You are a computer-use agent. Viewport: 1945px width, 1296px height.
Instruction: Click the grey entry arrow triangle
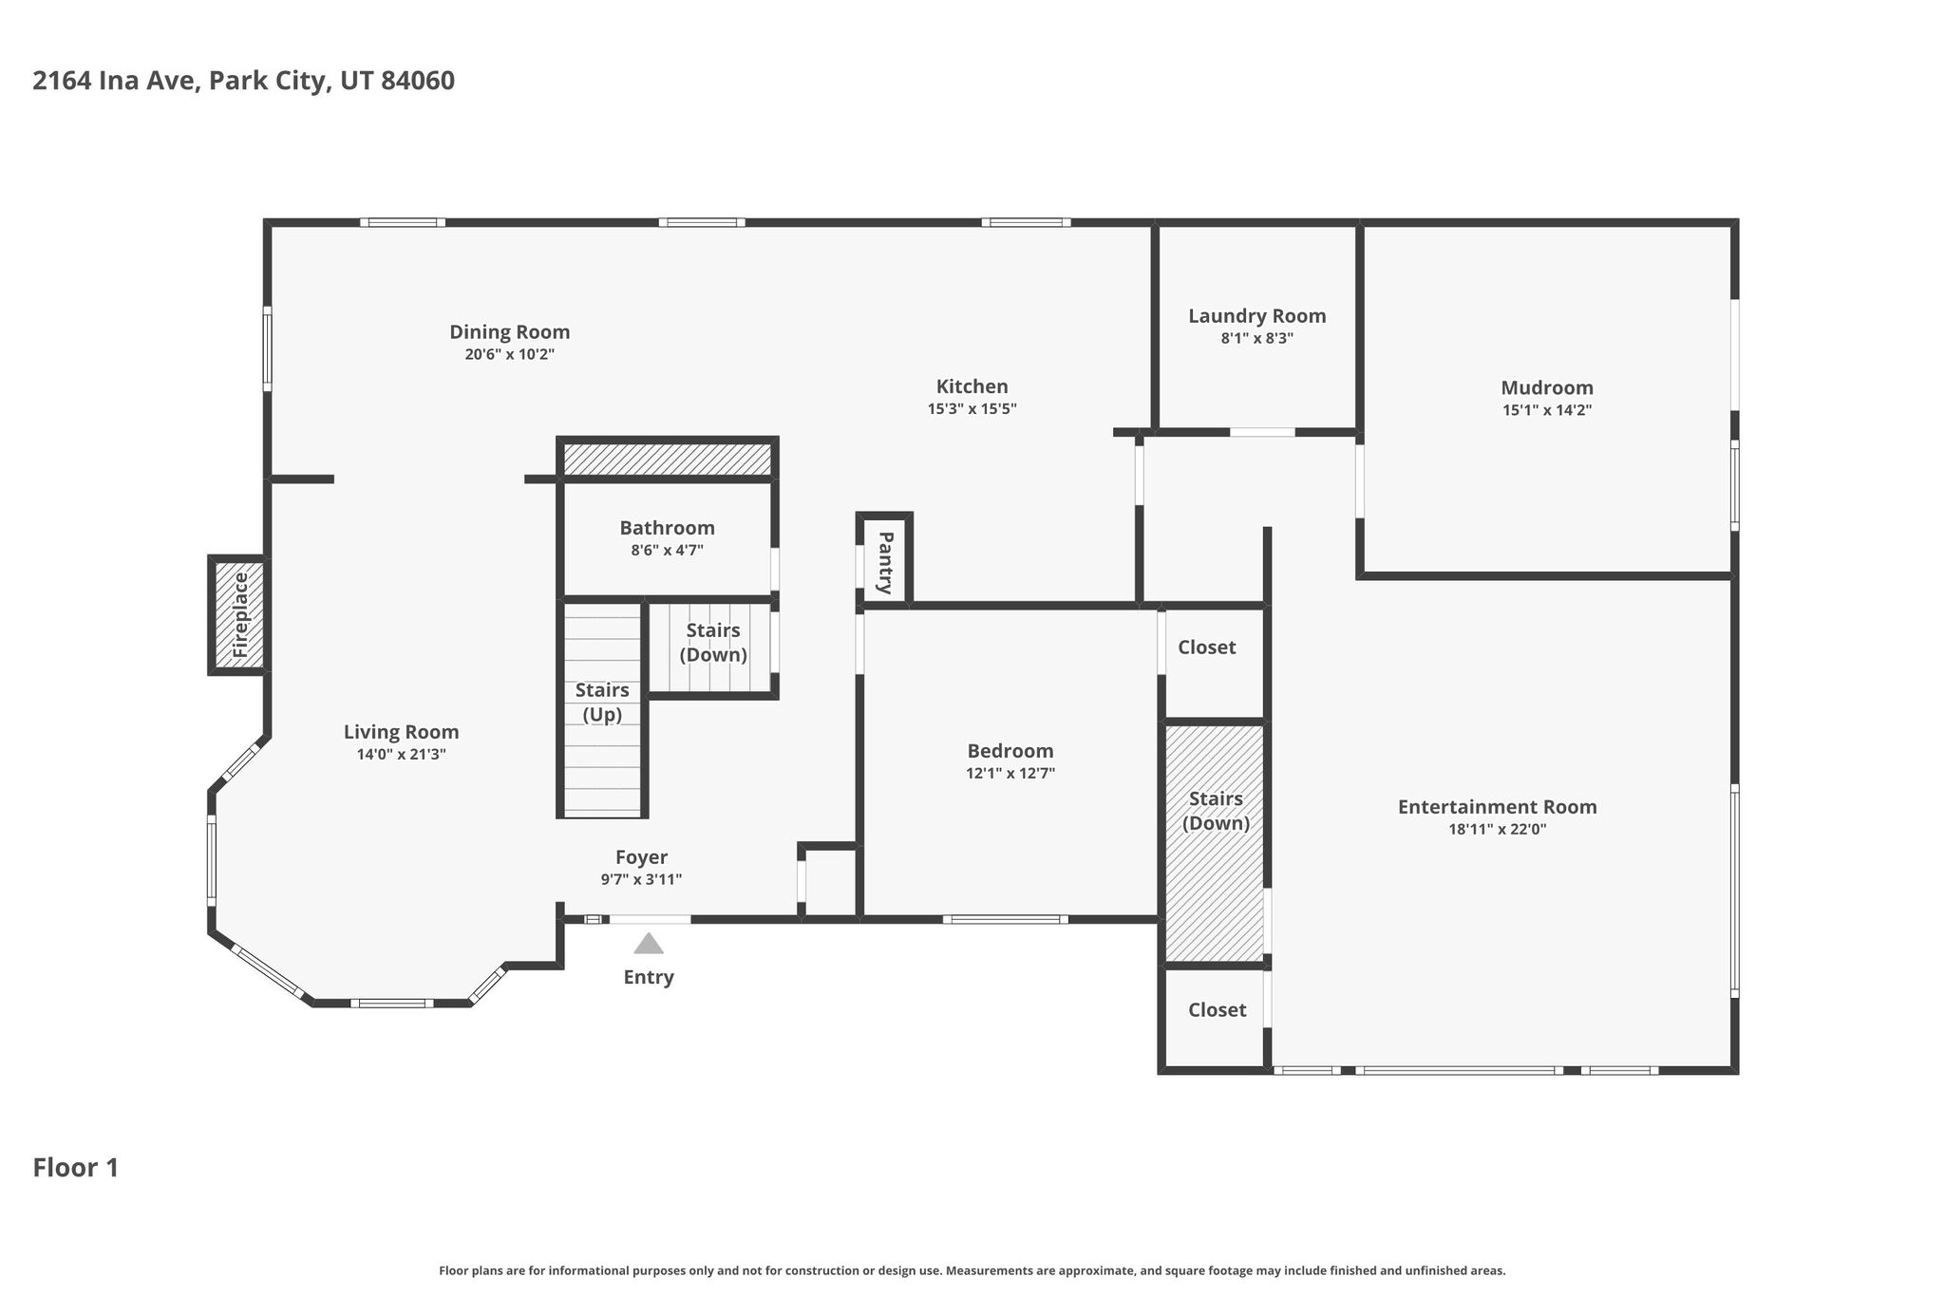(x=649, y=943)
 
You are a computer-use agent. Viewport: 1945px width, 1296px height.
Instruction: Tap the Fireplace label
(x=240, y=615)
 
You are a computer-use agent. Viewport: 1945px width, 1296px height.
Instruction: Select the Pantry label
(x=885, y=563)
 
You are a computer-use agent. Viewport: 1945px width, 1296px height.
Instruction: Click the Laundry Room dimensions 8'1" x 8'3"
(x=1256, y=338)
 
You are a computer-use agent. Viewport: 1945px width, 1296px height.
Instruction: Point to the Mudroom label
(x=1547, y=387)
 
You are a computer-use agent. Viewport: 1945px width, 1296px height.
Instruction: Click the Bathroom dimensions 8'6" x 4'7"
(x=667, y=550)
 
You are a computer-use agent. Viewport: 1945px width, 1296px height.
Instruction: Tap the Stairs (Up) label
(x=602, y=702)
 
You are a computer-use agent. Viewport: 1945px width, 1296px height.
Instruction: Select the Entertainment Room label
(x=1498, y=806)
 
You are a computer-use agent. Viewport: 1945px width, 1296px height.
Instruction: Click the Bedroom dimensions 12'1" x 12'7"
(x=1010, y=773)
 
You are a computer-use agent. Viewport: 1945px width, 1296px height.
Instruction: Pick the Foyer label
(x=641, y=857)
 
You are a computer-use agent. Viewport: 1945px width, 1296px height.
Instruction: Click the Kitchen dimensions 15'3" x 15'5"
(x=972, y=409)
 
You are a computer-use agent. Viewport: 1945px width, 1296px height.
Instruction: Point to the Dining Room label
(x=510, y=332)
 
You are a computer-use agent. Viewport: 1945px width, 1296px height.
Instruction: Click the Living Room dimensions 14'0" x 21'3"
(x=402, y=755)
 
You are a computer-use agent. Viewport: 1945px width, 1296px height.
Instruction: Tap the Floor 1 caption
(x=76, y=1168)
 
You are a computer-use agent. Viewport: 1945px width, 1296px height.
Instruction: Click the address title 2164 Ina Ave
(x=115, y=81)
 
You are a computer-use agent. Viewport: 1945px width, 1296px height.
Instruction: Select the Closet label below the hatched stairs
(x=1218, y=1009)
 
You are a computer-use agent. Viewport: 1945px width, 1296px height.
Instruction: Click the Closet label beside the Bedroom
(x=1207, y=647)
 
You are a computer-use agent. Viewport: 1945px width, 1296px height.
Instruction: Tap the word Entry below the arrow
(x=649, y=977)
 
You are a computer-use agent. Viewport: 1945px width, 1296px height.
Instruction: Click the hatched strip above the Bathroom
(x=667, y=460)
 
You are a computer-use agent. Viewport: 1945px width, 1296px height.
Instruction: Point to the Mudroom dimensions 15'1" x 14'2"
(x=1547, y=410)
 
